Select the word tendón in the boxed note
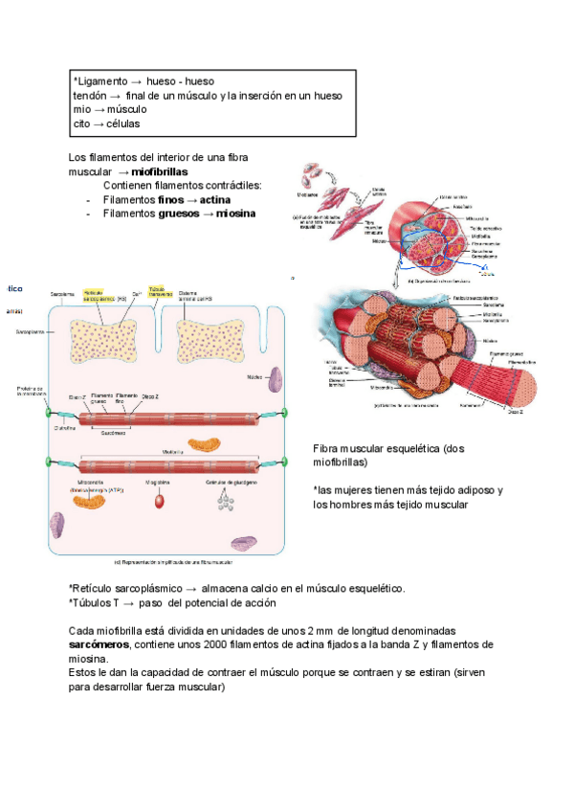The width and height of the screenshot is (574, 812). point(89,96)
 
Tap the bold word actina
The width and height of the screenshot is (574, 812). point(216,199)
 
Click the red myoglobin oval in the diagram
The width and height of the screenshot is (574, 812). point(160,499)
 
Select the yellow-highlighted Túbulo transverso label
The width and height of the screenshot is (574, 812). point(158,291)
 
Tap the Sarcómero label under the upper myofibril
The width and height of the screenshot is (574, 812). point(114,433)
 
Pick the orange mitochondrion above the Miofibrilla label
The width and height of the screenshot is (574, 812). point(201,443)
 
